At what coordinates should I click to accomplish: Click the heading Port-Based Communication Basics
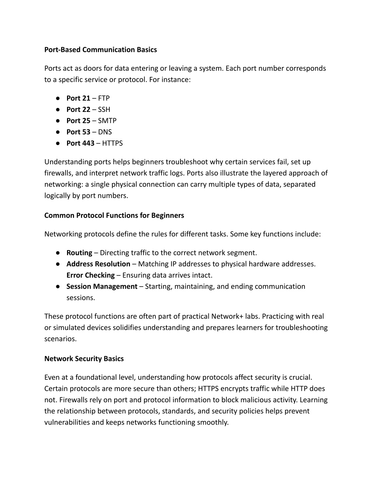pos(101,50)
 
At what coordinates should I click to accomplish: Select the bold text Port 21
pos(78,98)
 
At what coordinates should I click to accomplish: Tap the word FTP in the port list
pos(104,98)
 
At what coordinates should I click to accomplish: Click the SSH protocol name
pos(104,109)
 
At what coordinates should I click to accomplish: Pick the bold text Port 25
pos(78,120)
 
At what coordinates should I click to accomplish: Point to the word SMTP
pos(107,120)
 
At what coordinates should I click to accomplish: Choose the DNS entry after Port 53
pos(105,132)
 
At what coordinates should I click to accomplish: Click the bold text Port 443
pos(80,143)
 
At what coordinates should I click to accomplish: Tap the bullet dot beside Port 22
pos(58,109)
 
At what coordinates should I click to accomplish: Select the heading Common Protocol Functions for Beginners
pos(114,215)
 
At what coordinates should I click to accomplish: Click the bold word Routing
pos(79,253)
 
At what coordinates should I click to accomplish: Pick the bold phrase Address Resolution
pos(98,264)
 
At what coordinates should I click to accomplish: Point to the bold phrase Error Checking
pos(91,275)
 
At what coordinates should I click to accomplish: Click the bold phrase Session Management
pos(102,287)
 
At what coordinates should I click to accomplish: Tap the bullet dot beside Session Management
pos(58,287)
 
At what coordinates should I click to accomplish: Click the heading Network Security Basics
pos(84,359)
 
